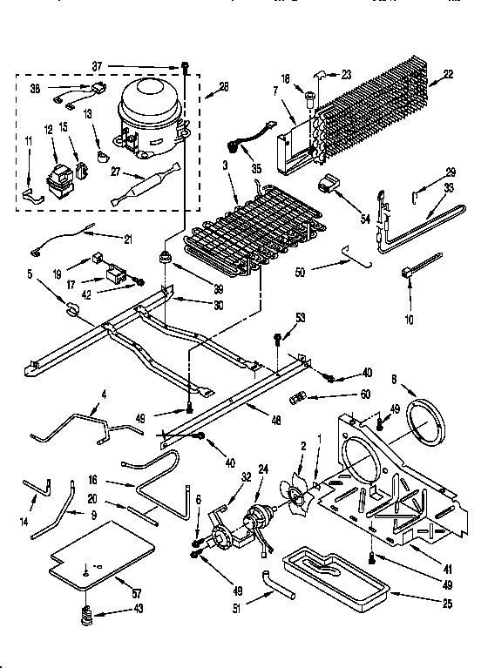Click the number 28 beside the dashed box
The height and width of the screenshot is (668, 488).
point(224,87)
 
